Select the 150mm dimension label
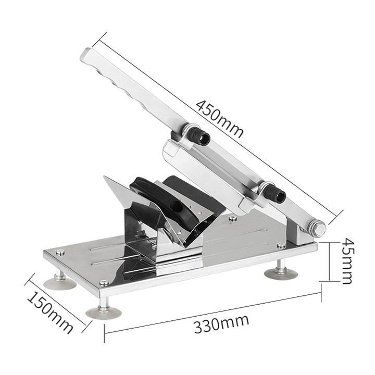[49, 312]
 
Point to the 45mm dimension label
[347, 261]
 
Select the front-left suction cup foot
[60, 282]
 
